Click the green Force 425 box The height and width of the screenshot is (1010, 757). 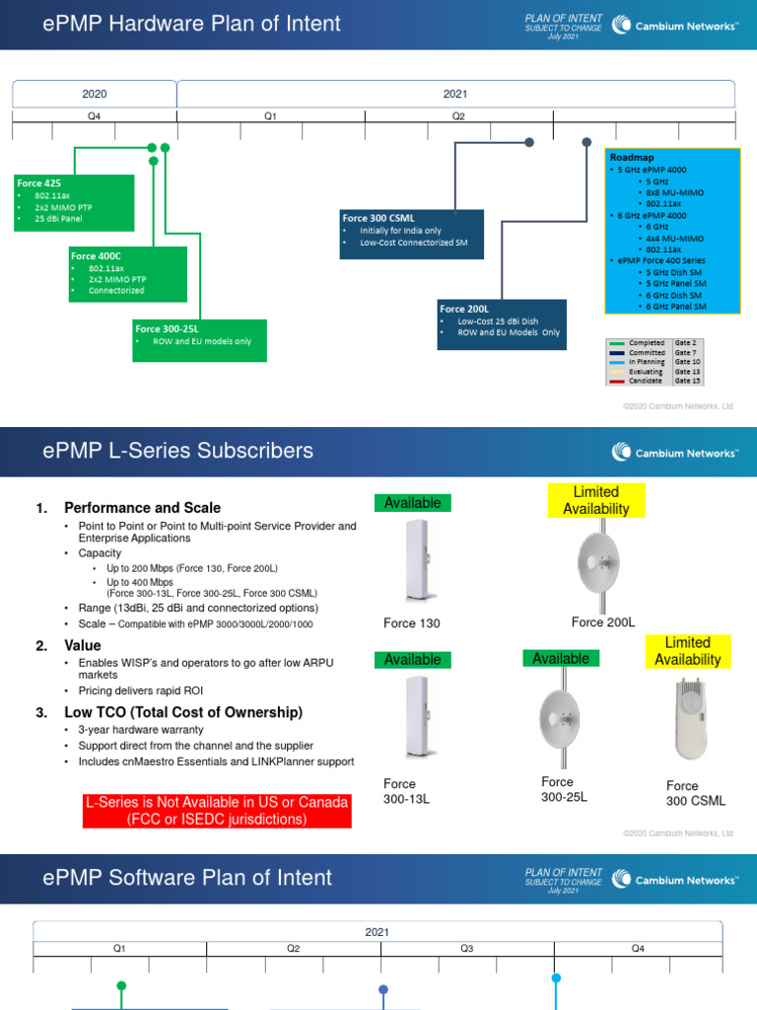74,202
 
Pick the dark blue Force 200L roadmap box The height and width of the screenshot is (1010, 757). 503,324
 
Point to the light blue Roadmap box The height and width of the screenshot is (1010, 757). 672,232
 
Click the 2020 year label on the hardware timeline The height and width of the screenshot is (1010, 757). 95,95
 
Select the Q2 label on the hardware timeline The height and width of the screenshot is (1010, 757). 458,116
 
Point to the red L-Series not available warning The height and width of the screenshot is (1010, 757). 217,811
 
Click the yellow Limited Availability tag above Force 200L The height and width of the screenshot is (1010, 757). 595,500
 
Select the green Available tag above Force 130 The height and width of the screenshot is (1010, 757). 412,503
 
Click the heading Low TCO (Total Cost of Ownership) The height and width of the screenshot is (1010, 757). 183,712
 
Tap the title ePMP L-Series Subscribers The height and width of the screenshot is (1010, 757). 178,451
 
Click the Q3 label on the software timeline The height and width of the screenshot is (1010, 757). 466,948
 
